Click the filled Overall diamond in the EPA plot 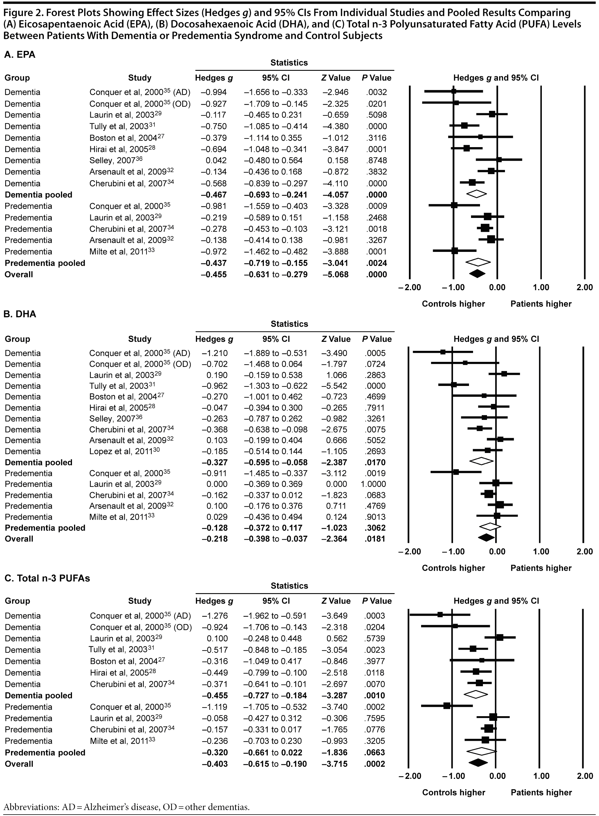pyautogui.click(x=477, y=274)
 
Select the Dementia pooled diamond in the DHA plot pyautogui.click(x=481, y=461)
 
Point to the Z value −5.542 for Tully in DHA pyautogui.click(x=335, y=386)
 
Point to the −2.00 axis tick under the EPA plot pyautogui.click(x=409, y=288)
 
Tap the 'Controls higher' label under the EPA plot pyautogui.click(x=453, y=304)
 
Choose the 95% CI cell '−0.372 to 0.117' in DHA pyautogui.click(x=276, y=528)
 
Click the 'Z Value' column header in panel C pyautogui.click(x=336, y=601)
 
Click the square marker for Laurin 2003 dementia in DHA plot pyautogui.click(x=504, y=374)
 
